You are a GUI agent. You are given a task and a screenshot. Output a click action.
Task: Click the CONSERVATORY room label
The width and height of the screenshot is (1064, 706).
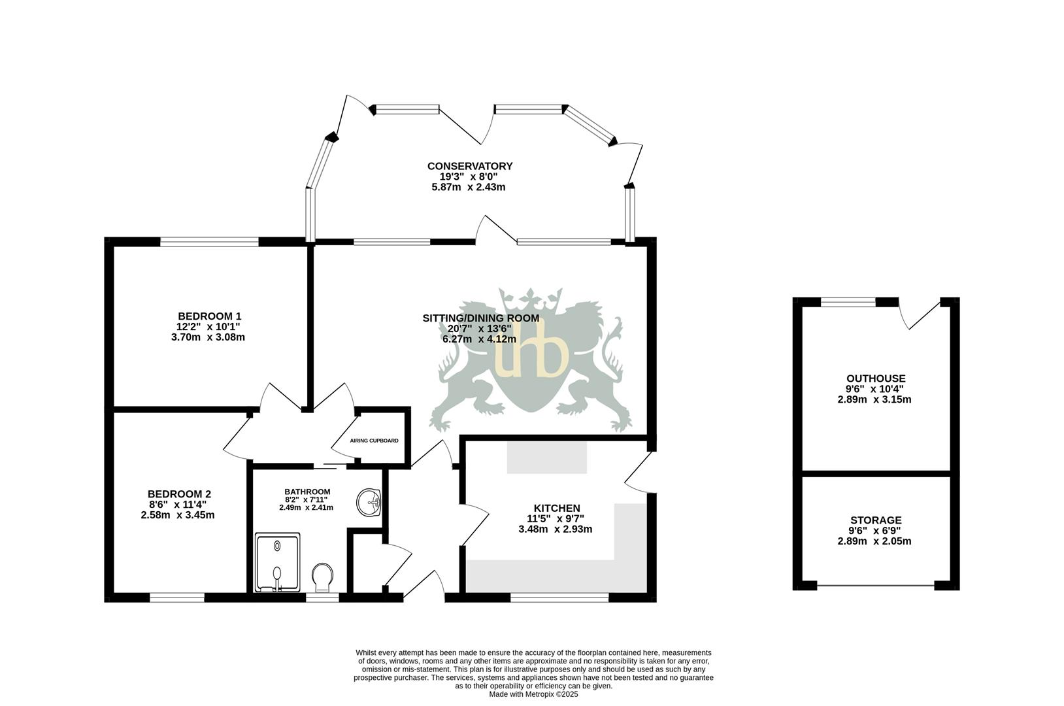point(469,166)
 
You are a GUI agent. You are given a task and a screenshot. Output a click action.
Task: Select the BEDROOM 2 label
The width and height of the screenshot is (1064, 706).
point(178,494)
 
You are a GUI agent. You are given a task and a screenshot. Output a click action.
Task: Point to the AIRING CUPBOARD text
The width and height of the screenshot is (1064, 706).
point(374,441)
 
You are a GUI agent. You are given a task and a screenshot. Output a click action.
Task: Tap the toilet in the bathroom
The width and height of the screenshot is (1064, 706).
point(322,577)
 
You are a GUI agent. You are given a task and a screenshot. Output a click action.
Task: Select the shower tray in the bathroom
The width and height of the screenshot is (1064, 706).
point(277,562)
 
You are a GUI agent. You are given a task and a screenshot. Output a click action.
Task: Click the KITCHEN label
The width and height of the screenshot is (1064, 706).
point(556,508)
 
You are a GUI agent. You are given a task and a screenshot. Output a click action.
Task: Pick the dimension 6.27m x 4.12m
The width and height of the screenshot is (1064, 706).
point(479,339)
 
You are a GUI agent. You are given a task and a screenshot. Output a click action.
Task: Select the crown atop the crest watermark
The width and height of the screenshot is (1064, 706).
point(530,300)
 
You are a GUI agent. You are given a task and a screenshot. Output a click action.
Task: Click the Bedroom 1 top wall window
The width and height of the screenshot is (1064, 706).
point(210,242)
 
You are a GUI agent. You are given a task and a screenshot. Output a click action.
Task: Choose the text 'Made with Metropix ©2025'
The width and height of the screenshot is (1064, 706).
point(533,694)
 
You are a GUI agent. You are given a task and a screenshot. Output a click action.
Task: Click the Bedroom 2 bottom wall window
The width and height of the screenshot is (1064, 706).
point(177,597)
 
